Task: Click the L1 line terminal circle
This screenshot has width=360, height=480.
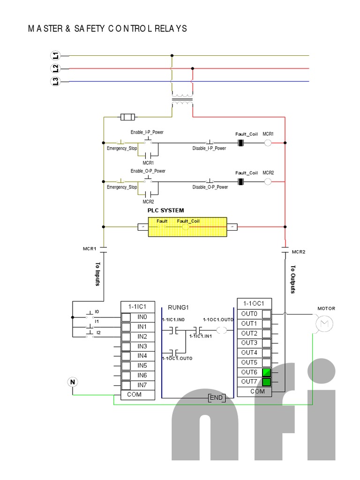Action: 56,55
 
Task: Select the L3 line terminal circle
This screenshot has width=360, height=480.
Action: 56,82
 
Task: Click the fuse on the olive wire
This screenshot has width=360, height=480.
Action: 127,116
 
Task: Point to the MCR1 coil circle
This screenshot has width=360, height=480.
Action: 268,142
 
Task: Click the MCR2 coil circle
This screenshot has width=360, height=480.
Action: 268,180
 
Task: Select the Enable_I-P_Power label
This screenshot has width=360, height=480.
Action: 147,132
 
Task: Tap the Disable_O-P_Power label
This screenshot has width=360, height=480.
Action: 210,187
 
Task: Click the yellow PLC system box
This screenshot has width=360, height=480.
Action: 187,227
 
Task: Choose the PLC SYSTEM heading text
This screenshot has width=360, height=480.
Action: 166,210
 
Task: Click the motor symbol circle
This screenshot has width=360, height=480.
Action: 323,323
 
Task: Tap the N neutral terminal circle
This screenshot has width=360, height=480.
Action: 73,382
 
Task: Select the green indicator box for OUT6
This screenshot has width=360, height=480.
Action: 266,372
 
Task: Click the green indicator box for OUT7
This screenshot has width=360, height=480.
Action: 266,382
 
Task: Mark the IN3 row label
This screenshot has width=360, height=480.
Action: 142,346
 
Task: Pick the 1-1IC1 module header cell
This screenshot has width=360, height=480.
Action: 134,307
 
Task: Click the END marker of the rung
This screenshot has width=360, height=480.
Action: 217,398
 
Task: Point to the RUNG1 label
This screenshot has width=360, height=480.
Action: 178,308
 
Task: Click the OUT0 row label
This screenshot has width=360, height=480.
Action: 249,314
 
